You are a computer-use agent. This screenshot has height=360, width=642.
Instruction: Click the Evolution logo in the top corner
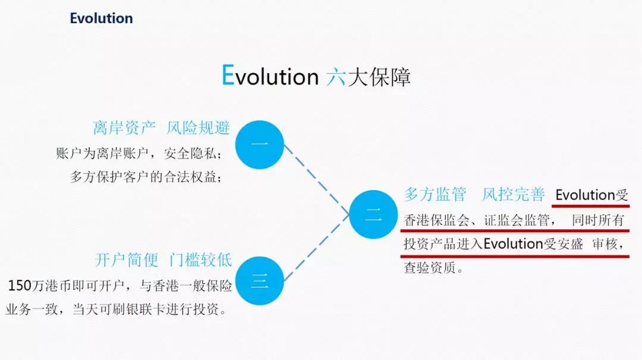[101, 18]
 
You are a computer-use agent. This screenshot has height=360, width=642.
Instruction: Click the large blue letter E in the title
[228, 75]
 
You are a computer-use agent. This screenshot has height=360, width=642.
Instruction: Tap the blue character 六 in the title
[336, 77]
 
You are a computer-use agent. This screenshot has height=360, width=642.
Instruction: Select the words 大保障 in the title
[379, 77]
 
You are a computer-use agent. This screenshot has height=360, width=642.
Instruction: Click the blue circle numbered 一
[260, 144]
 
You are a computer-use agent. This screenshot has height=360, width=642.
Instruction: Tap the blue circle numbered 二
[373, 214]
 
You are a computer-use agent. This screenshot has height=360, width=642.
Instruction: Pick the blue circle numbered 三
[260, 280]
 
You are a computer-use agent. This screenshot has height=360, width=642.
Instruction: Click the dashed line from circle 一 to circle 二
[316, 179]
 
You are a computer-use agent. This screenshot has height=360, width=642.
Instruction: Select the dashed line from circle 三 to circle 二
[316, 248]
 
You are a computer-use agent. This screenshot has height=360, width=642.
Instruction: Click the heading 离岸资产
[124, 128]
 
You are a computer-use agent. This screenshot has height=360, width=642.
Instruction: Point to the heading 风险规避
[198, 128]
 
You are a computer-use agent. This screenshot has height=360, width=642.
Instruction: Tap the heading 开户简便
[127, 260]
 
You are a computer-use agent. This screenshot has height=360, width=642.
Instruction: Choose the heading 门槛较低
[201, 260]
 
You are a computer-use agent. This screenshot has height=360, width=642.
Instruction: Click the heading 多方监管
[435, 194]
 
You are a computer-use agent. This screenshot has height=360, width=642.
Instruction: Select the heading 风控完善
[514, 194]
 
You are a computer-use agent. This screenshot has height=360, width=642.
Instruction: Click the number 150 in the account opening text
[20, 286]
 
